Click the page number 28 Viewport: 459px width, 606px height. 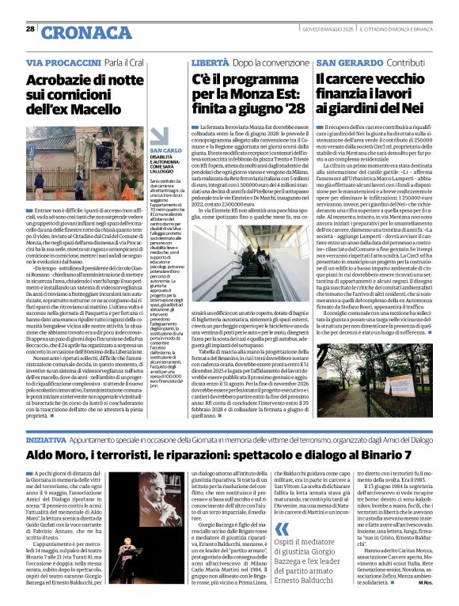30,28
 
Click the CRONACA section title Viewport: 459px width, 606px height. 75,32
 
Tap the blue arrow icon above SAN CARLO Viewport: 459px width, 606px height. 155,142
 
